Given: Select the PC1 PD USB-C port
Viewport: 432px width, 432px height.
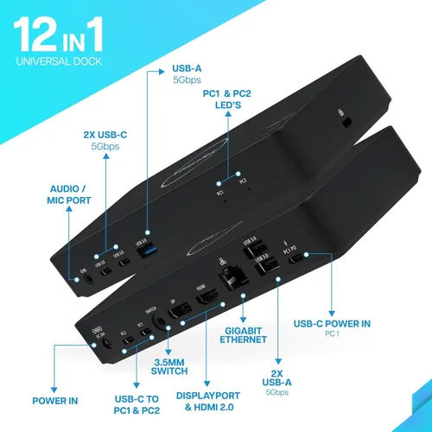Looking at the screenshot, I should point(295,257).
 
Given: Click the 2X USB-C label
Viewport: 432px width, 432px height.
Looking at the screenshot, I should point(103,139).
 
